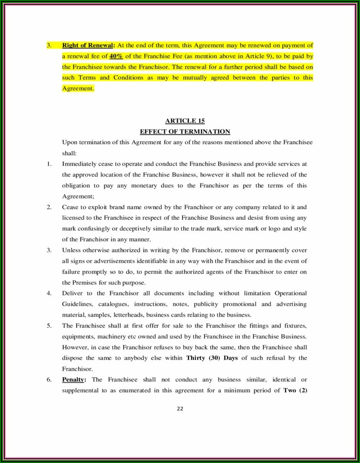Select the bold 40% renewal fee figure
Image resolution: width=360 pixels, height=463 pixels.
pos(117,56)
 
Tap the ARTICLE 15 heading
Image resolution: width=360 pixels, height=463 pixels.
pos(184,121)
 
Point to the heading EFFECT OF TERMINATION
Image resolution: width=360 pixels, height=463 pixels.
pos(185,132)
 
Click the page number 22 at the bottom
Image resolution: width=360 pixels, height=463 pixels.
pos(180,408)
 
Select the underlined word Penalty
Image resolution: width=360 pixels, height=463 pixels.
pos(73,380)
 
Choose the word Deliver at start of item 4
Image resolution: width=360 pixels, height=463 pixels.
pos(73,293)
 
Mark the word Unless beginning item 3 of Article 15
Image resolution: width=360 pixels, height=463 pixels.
pos(72,250)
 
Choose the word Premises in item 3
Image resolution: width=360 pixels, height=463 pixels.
pos(86,282)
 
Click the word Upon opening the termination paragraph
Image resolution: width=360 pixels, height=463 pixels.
pos(70,142)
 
